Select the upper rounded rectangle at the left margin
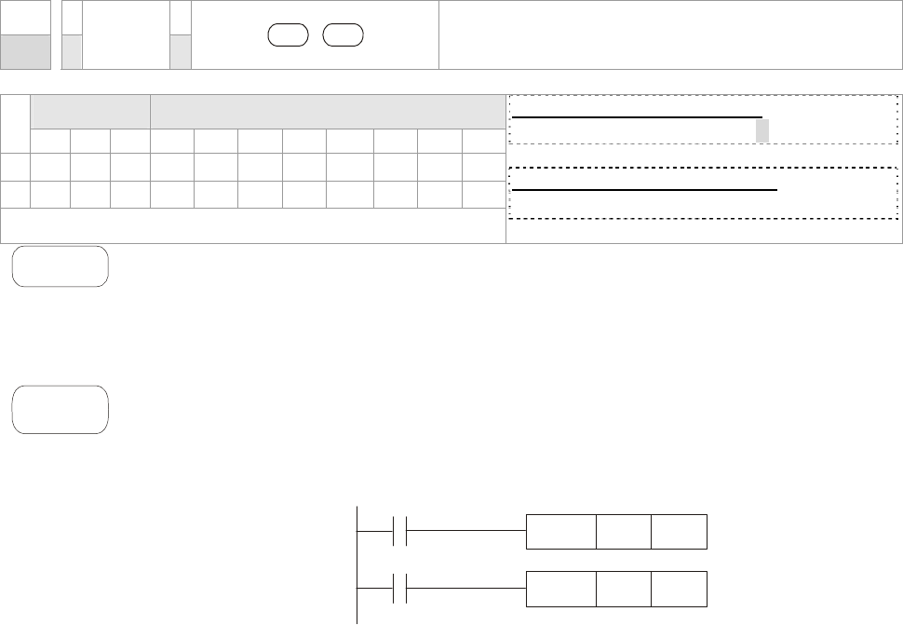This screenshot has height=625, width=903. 61,266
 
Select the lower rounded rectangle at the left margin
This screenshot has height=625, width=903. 61,409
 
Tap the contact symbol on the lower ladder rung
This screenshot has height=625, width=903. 401,587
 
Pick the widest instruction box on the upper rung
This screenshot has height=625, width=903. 561,530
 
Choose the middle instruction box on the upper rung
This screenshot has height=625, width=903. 624,530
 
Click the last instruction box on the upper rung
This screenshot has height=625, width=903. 679,530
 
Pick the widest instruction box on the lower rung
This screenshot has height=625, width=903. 561,587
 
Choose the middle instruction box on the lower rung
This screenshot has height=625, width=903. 624,587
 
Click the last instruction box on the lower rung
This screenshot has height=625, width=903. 679,587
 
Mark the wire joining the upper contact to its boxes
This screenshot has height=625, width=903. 466,529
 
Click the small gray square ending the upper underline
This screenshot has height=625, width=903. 762,130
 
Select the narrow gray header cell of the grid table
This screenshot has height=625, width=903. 91,111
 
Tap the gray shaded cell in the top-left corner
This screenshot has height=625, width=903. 25,51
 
